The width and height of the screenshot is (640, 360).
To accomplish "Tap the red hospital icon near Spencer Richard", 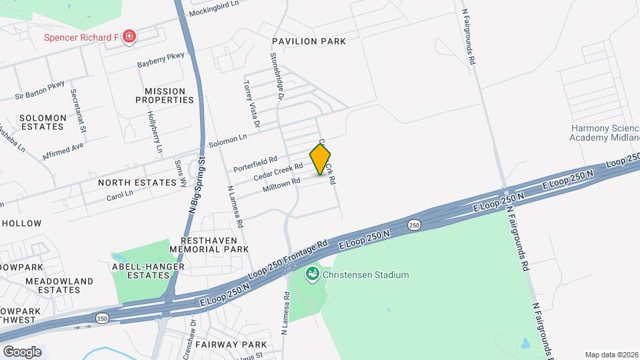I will tap(129, 37).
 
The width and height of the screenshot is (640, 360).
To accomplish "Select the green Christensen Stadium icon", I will tap(311, 274).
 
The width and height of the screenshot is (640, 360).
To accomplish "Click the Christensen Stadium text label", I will tap(366, 275).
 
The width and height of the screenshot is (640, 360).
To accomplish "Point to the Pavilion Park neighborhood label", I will tap(309, 41).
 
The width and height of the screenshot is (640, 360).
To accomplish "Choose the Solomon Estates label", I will tap(43, 122).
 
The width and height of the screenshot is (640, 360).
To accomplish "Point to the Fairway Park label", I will tap(235, 345).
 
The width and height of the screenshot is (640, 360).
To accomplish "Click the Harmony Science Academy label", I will tap(604, 133).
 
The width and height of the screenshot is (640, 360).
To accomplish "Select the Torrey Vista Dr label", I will tap(251, 103).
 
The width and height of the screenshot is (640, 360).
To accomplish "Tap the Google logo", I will tap(22, 351).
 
